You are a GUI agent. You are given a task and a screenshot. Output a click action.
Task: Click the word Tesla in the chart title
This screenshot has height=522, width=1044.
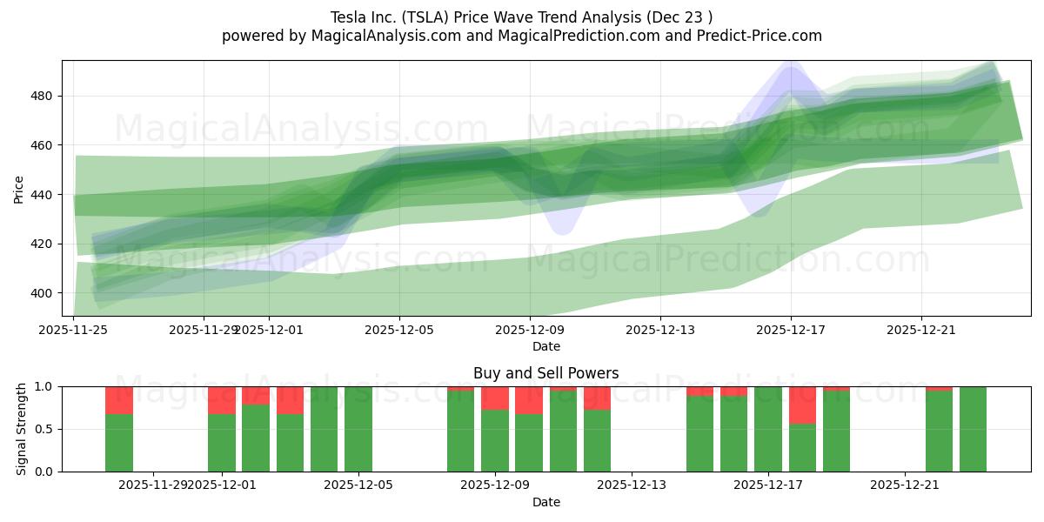(348, 17)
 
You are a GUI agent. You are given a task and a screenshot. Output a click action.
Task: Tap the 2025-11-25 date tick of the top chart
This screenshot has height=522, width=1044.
(74, 330)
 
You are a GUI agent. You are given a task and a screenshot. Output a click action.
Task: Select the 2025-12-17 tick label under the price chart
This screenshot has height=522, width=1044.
(791, 330)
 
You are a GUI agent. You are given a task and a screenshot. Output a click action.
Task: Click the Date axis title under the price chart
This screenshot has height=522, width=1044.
(546, 346)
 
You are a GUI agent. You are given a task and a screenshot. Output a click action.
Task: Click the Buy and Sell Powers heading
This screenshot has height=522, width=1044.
(546, 373)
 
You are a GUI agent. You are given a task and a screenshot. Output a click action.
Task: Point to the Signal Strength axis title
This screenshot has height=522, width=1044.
(22, 429)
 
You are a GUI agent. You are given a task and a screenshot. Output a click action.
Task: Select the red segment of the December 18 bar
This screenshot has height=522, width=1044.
(802, 405)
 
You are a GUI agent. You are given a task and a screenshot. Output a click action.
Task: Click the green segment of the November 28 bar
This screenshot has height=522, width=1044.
(119, 443)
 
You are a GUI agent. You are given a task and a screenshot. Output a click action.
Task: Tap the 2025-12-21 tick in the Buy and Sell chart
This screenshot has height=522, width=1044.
(905, 485)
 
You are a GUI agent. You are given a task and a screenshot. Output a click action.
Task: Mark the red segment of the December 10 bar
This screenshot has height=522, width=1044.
(529, 400)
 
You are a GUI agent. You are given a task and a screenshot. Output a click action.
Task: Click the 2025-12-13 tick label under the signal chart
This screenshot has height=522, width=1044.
(632, 485)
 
